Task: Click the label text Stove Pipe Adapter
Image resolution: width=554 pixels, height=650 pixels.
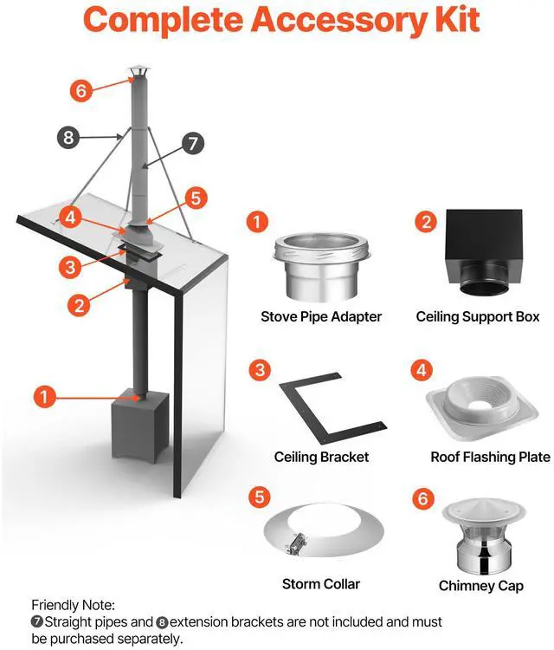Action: [x=321, y=316]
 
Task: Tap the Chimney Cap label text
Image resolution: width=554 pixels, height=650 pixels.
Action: [x=481, y=586]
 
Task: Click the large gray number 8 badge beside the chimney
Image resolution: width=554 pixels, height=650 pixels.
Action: [x=69, y=136]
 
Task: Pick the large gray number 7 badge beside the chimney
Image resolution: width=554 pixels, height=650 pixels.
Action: [x=192, y=143]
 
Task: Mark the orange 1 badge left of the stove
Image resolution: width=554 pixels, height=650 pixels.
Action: [x=44, y=398]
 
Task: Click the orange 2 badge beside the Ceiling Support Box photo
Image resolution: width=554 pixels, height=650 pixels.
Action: [x=425, y=221]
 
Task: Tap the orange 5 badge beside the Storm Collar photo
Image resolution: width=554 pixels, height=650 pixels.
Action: [x=257, y=497]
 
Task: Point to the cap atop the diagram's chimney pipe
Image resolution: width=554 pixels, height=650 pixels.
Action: [x=138, y=73]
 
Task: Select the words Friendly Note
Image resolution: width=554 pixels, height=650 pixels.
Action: [x=73, y=604]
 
